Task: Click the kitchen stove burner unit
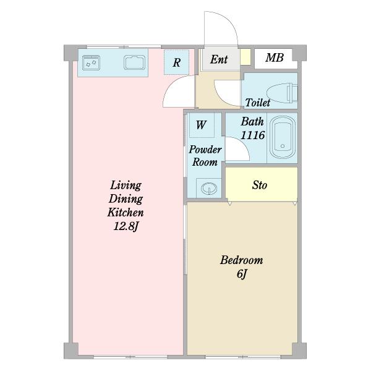pyautogui.click(x=91, y=62)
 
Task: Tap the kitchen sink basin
pyautogui.click(x=134, y=62)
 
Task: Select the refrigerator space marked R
pyautogui.click(x=176, y=62)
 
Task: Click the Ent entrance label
pyautogui.click(x=219, y=59)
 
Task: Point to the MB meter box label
pyautogui.click(x=275, y=58)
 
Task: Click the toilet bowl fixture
pyautogui.click(x=282, y=93)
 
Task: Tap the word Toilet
pyautogui.click(x=258, y=103)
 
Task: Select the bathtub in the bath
pyautogui.click(x=283, y=138)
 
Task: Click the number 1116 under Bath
pyautogui.click(x=253, y=135)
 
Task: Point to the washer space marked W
pyautogui.click(x=202, y=125)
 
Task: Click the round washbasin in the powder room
pyautogui.click(x=209, y=189)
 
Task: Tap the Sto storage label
pyautogui.click(x=260, y=185)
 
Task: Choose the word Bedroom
pyautogui.click(x=242, y=260)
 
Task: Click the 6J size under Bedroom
pyautogui.click(x=242, y=274)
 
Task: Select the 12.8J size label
pyautogui.click(x=126, y=226)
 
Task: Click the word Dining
pyautogui.click(x=126, y=198)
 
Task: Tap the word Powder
pyautogui.click(x=205, y=150)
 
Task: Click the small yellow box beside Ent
pyautogui.click(x=245, y=57)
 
